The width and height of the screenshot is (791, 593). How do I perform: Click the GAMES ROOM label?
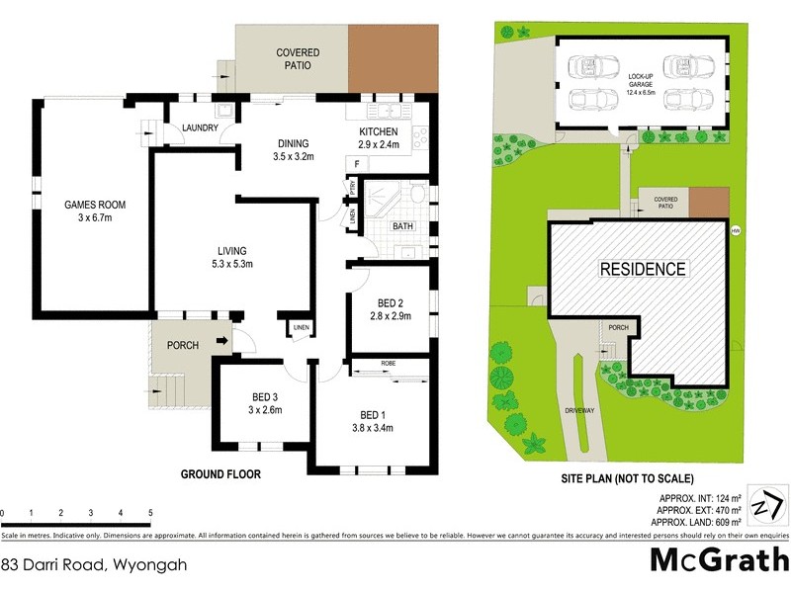[95, 212]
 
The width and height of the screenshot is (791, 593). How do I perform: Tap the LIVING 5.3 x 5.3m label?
[232, 257]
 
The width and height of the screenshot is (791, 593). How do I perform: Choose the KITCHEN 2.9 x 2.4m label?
[378, 137]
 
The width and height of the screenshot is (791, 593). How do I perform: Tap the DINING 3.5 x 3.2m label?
[293, 149]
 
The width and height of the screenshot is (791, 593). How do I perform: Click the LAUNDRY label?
[199, 127]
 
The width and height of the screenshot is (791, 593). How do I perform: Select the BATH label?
[402, 226]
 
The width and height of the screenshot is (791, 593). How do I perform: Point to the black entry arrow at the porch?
[223, 343]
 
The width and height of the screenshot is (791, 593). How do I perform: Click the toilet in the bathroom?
[419, 194]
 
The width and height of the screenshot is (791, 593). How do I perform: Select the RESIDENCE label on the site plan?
[642, 269]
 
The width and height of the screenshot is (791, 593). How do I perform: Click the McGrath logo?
[719, 559]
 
